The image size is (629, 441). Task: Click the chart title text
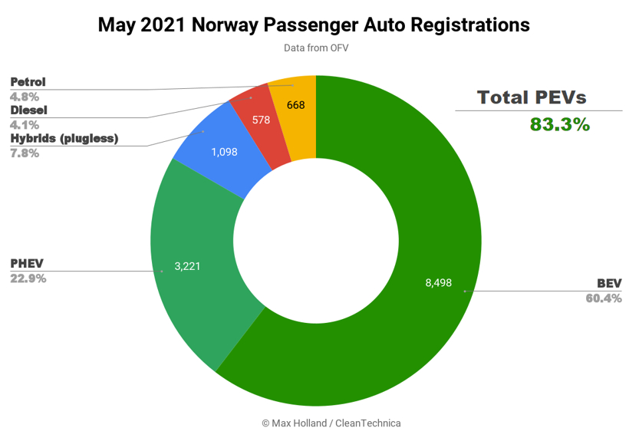click(x=314, y=25)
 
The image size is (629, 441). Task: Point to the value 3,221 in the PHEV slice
click(x=188, y=266)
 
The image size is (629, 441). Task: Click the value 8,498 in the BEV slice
click(x=439, y=282)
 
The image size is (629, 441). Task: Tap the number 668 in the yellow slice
click(x=296, y=105)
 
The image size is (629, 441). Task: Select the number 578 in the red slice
click(x=261, y=120)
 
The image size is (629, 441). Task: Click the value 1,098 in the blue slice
click(x=225, y=152)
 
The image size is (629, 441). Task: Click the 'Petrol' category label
click(x=28, y=81)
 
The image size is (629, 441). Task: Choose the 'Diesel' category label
click(x=29, y=110)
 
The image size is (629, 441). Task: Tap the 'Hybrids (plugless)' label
click(x=64, y=138)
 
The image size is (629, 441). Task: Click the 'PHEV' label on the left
click(x=27, y=264)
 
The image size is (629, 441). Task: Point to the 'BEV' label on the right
click(x=609, y=284)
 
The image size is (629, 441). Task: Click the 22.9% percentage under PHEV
click(x=28, y=278)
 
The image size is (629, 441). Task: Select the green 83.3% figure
click(x=560, y=123)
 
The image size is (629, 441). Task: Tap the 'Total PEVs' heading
click(x=532, y=97)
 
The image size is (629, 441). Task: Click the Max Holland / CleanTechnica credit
click(x=331, y=423)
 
